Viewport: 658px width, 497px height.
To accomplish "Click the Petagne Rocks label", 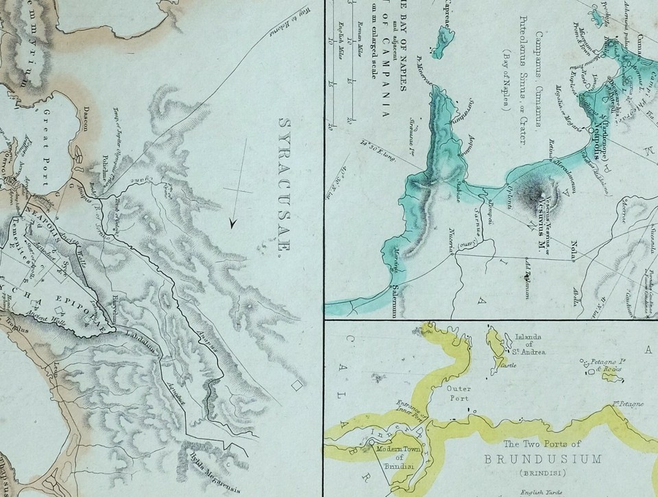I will coord(609,369).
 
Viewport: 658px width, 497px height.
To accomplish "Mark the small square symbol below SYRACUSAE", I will coord(297,385).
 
